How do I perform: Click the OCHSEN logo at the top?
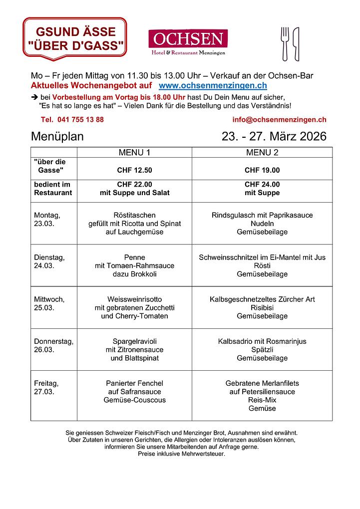click(x=188, y=42)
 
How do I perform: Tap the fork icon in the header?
click(x=285, y=43)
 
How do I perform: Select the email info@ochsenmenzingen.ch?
click(x=279, y=120)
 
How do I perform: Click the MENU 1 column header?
click(x=134, y=152)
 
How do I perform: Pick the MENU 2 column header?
click(x=262, y=152)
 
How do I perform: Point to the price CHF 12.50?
click(x=134, y=170)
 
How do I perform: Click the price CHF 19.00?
click(x=262, y=170)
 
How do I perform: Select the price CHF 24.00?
click(x=262, y=184)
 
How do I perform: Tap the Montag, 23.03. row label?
click(x=47, y=219)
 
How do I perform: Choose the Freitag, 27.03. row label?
click(x=46, y=387)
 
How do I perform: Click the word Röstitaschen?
click(x=134, y=215)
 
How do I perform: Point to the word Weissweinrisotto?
click(x=134, y=299)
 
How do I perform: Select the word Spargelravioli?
click(x=134, y=341)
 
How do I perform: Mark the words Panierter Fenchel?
click(x=134, y=383)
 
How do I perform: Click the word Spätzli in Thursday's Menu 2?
click(x=262, y=350)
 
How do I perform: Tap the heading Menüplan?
click(x=57, y=136)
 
